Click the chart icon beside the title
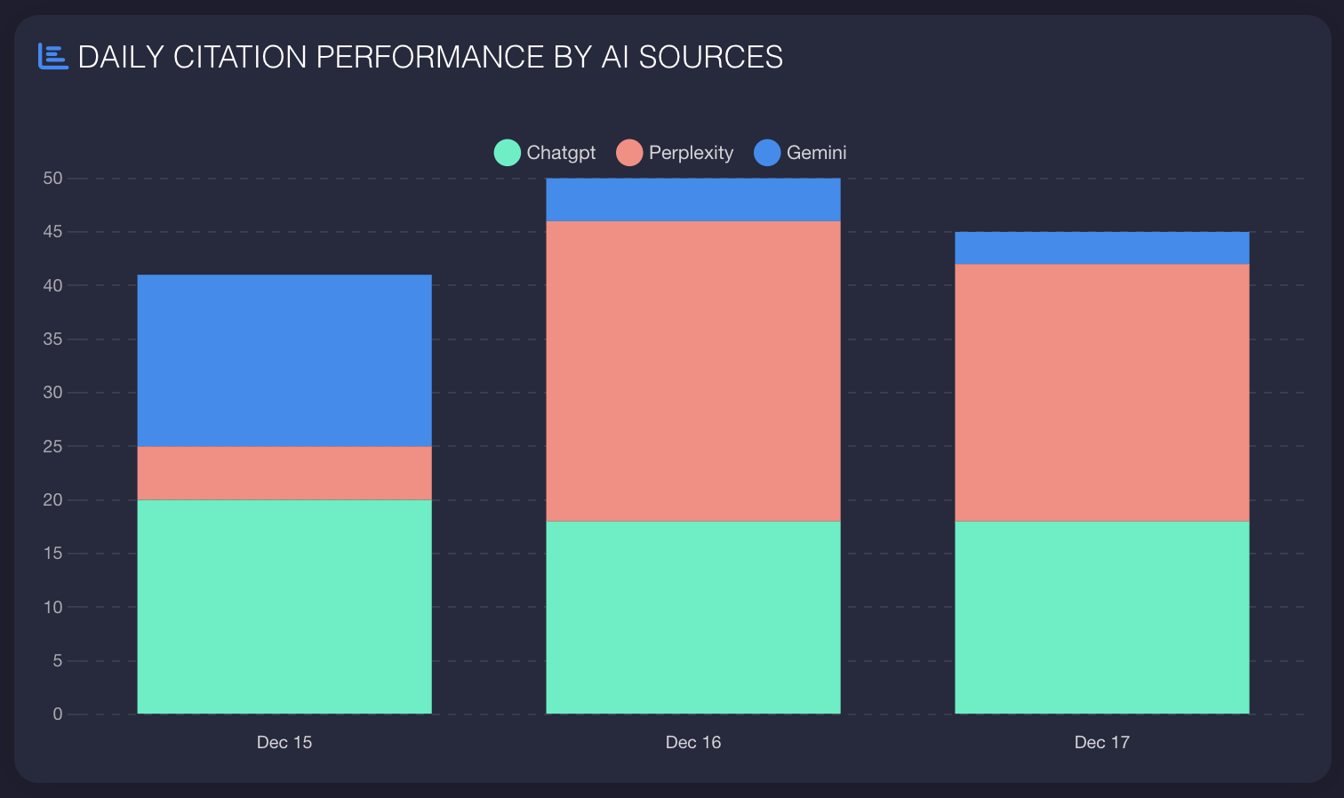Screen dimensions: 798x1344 click(x=53, y=57)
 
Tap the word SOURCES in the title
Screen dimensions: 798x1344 click(x=710, y=57)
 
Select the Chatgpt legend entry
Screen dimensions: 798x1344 click(x=545, y=153)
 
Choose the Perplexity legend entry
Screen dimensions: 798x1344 click(x=676, y=153)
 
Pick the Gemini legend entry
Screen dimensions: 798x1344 click(x=801, y=153)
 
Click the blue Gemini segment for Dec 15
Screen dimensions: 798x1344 click(x=284, y=361)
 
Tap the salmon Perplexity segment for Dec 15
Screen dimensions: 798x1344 click(x=284, y=473)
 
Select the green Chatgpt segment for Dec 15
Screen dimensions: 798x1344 click(x=284, y=607)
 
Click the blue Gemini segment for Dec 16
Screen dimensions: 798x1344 click(x=693, y=200)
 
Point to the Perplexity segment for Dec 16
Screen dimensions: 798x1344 click(x=693, y=371)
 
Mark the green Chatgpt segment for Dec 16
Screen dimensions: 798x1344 click(x=693, y=618)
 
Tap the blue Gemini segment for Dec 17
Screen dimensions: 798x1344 click(x=1102, y=248)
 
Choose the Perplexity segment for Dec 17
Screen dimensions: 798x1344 click(x=1102, y=393)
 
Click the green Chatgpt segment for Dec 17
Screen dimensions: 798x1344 click(x=1102, y=618)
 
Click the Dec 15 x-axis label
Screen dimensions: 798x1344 click(x=284, y=743)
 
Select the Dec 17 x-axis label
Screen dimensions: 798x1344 click(x=1102, y=743)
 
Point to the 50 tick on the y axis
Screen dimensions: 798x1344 click(x=52, y=179)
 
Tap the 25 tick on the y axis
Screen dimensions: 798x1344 click(x=52, y=446)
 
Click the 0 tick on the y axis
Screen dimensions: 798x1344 click(x=58, y=714)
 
